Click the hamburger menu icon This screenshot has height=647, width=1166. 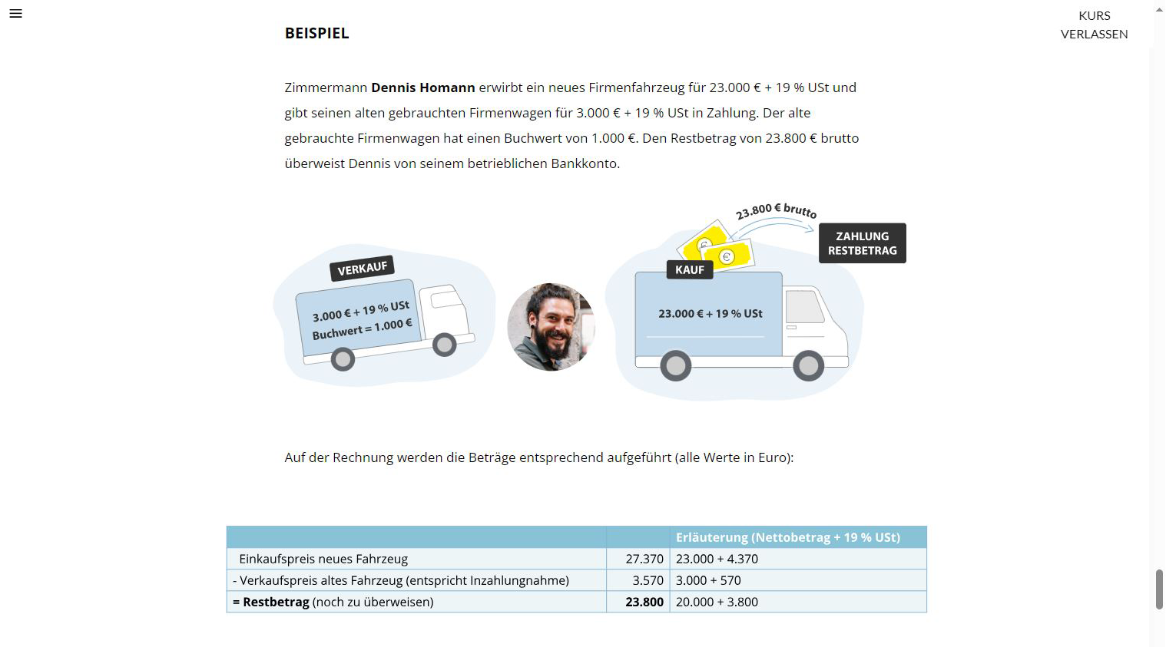click(x=15, y=14)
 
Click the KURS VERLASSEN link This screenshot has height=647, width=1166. click(x=1094, y=25)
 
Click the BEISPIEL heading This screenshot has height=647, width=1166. click(x=316, y=33)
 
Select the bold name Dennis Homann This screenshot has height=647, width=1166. click(x=422, y=87)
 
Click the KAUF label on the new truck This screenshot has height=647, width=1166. click(x=689, y=269)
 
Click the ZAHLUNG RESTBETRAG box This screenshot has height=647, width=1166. click(x=862, y=243)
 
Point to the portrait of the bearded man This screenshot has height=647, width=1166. click(x=551, y=327)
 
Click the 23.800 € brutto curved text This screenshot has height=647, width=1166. click(x=776, y=210)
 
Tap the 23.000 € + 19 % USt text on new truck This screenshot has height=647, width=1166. click(x=710, y=314)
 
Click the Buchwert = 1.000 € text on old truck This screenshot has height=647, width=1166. click(x=362, y=329)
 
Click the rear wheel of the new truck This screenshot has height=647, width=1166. click(x=675, y=366)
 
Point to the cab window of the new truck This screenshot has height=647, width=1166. click(x=803, y=307)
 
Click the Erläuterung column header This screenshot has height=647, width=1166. click(x=787, y=537)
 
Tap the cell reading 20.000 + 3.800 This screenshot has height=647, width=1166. click(x=717, y=602)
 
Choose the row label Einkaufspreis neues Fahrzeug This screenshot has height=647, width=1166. click(x=323, y=559)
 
